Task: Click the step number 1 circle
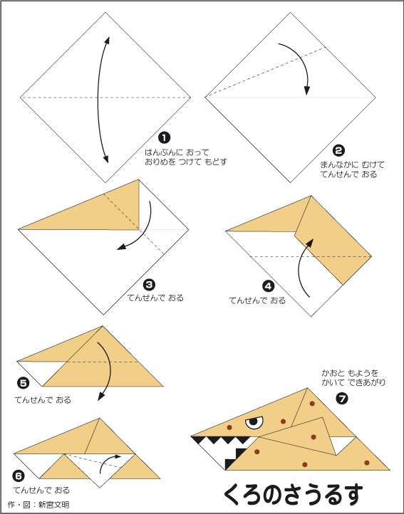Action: tap(164, 137)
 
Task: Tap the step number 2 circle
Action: tap(338, 150)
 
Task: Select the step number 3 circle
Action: tap(150, 285)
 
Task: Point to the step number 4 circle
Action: tap(269, 286)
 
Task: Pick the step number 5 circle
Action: tap(24, 383)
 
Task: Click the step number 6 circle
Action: tap(19, 476)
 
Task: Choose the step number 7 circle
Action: tap(342, 399)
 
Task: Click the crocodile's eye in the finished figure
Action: tap(254, 422)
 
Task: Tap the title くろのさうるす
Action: tap(294, 495)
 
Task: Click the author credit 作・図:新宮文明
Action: tap(38, 505)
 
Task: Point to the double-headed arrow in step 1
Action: tap(98, 100)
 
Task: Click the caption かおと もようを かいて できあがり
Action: tap(353, 377)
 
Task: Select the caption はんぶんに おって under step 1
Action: tap(177, 152)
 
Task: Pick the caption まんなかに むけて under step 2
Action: tap(352, 164)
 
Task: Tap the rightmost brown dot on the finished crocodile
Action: tap(367, 463)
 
